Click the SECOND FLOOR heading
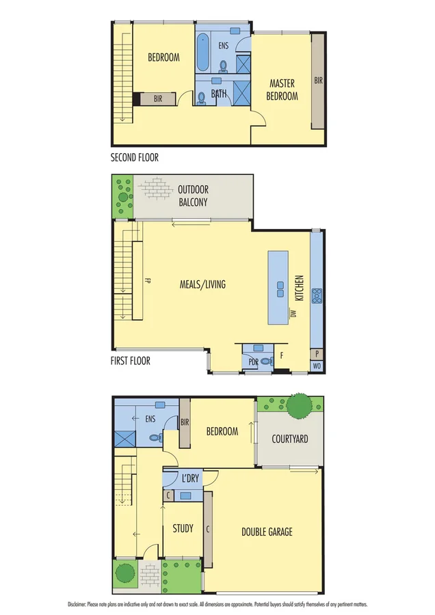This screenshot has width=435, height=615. click(x=135, y=157)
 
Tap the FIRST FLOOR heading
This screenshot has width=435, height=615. click(x=131, y=360)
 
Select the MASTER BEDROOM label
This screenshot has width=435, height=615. click(x=282, y=90)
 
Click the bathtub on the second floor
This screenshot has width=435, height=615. click(x=204, y=53)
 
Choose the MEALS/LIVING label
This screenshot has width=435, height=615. click(x=202, y=284)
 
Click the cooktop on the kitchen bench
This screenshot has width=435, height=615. click(x=318, y=296)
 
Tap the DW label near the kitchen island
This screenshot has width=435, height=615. click(x=292, y=313)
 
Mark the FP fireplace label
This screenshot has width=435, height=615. click(x=147, y=280)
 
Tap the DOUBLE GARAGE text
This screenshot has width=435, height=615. click(x=267, y=531)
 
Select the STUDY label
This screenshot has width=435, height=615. click(x=183, y=528)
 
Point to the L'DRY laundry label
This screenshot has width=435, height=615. click(x=190, y=478)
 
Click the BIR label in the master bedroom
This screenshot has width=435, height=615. click(x=318, y=80)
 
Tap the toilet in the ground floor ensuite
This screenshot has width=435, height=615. click(x=155, y=438)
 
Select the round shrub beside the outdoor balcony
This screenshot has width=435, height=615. click(x=123, y=199)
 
